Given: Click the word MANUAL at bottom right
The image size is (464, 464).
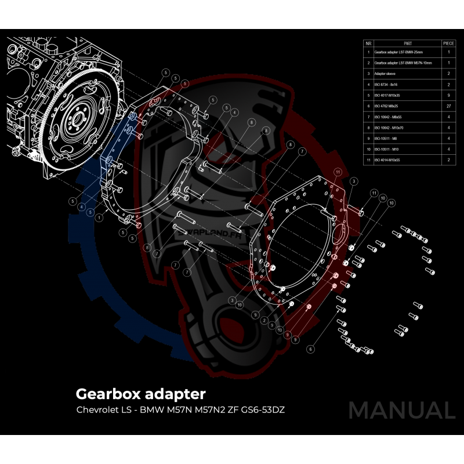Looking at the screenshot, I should (x=401, y=410).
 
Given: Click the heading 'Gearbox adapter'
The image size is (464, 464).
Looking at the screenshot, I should (x=140, y=394).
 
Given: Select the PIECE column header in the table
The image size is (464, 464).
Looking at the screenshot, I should (x=448, y=43).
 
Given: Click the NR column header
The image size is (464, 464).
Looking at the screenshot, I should (x=368, y=43).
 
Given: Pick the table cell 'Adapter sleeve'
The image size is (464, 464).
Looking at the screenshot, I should (x=386, y=74).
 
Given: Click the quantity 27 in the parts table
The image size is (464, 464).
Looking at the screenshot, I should (x=448, y=106).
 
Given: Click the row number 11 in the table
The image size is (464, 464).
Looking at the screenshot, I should (x=368, y=159).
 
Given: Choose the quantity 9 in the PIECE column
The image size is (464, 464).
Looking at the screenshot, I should (x=448, y=95).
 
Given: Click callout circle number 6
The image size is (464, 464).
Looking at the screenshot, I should (x=311, y=349).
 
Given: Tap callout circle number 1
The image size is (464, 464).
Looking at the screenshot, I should (x=100, y=216).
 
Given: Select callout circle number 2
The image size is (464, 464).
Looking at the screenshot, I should (x=264, y=320).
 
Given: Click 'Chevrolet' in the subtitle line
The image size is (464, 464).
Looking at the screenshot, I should (x=96, y=410).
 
